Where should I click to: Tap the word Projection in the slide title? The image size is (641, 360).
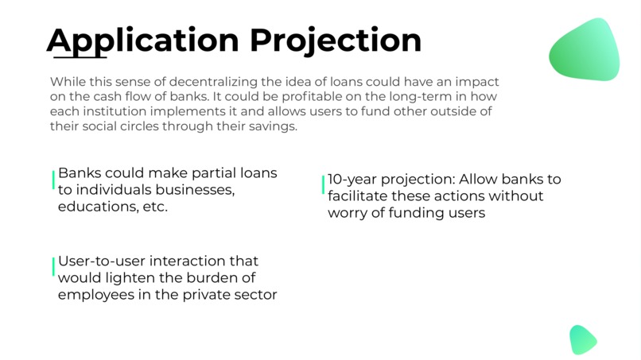pyautogui.click(x=336, y=40)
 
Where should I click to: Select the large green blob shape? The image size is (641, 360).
pyautogui.click(x=585, y=49)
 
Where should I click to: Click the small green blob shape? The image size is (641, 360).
pyautogui.click(x=582, y=339)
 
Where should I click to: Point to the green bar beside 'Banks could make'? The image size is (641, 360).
pyautogui.click(x=53, y=180)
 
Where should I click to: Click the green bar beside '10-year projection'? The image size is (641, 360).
pyautogui.click(x=323, y=185)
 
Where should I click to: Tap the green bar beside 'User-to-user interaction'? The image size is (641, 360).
pyautogui.click(x=53, y=267)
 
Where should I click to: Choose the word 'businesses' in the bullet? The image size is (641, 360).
pyautogui.click(x=195, y=190)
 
